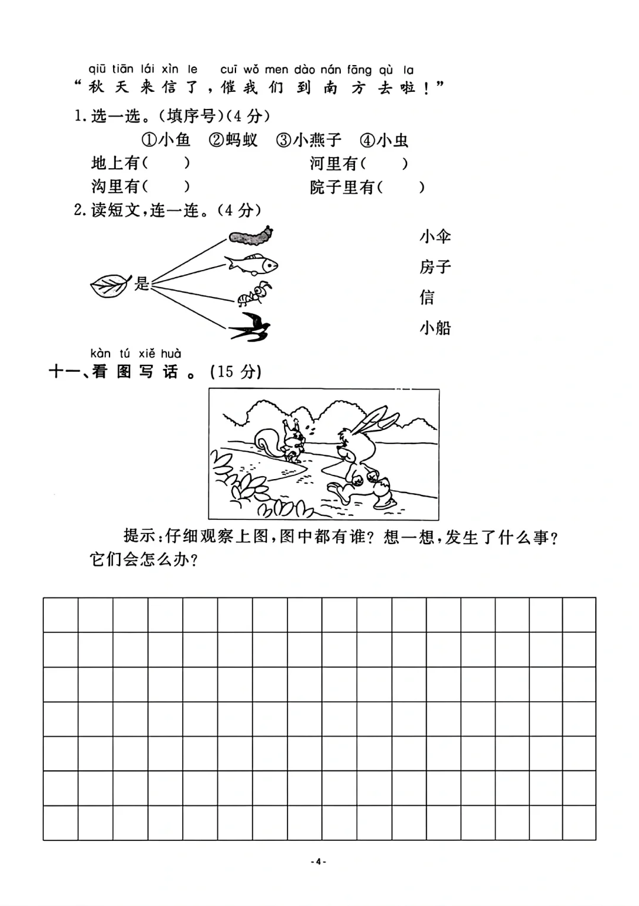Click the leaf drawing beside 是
tap(109, 285)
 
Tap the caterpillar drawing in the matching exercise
tap(251, 236)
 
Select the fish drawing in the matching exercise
tap(251, 264)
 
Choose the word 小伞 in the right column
tap(435, 237)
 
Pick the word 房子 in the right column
tap(435, 267)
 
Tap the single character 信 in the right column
tap(427, 297)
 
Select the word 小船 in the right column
tap(435, 327)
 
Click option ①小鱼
tap(166, 140)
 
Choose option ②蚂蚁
tap(233, 140)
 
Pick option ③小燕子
tap(309, 140)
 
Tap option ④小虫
tap(385, 140)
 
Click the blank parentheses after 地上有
tap(166, 163)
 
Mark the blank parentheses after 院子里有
tap(401, 188)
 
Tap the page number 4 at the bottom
tap(318, 862)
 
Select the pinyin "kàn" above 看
tap(101, 354)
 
